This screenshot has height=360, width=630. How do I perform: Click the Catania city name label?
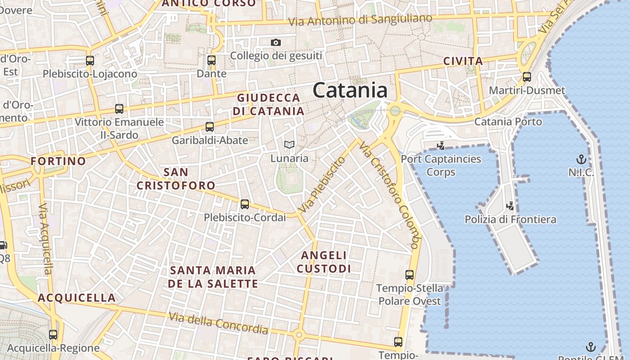350,90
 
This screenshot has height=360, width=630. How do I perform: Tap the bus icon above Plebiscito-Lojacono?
90,60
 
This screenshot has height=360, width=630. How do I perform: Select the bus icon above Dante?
211,60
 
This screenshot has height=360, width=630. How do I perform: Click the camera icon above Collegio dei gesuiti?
276,43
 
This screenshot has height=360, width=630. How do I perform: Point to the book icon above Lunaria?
289,144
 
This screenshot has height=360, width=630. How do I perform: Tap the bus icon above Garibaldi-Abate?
210,127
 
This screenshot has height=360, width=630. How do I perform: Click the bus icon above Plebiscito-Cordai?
245,204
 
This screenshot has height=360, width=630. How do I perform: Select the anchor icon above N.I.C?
581,159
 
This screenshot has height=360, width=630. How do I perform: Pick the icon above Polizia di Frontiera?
510,206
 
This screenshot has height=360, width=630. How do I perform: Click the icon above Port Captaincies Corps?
441,145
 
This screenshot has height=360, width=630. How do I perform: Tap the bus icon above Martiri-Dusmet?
527,77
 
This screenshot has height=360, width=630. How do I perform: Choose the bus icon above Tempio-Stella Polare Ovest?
409,274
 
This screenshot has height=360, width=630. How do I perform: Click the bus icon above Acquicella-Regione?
53,335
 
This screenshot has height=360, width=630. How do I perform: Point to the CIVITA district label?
463,61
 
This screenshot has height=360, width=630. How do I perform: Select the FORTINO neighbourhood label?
58,161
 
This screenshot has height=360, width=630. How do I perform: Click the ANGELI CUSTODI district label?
324,262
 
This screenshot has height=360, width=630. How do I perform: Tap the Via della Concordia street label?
219,323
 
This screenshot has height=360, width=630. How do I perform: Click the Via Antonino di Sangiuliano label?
360,20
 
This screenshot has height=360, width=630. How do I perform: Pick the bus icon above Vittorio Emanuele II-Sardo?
119,108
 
